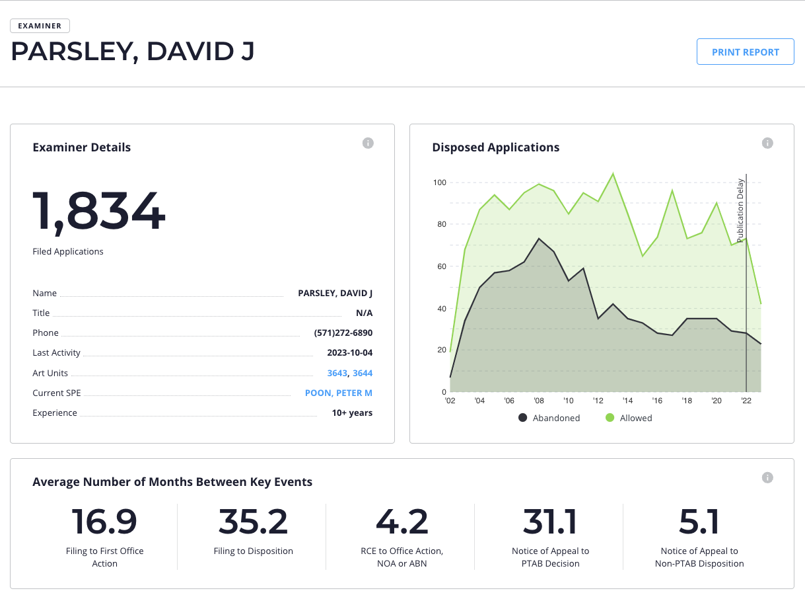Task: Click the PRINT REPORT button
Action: click(745, 52)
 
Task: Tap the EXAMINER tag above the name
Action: click(40, 26)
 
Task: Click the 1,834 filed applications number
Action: click(99, 212)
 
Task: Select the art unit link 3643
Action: click(337, 373)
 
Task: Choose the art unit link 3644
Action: click(363, 373)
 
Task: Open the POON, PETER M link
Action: click(338, 393)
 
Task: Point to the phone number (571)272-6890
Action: click(343, 333)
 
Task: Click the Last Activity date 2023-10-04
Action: click(349, 353)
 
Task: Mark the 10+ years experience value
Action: click(352, 413)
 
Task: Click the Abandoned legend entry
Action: click(549, 418)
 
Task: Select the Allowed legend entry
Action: click(629, 418)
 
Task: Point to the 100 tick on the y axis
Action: click(439, 182)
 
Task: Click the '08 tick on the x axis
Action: click(539, 401)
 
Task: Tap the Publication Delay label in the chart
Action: click(741, 210)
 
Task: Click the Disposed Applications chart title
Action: click(495, 147)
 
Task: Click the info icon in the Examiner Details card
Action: click(368, 143)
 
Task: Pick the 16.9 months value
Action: click(104, 522)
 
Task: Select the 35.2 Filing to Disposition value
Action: click(253, 522)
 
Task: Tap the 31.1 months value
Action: click(550, 522)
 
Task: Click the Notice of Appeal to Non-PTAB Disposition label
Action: click(699, 557)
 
